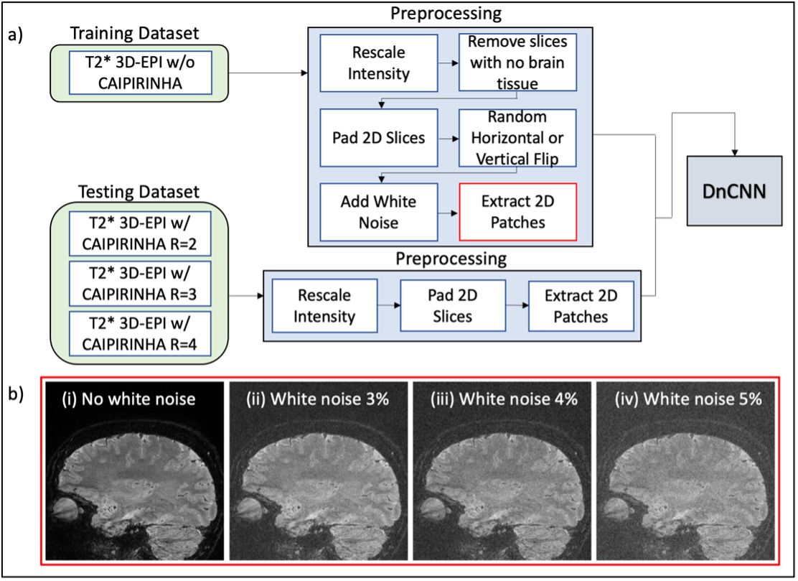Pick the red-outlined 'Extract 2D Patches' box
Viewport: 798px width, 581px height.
(x=517, y=211)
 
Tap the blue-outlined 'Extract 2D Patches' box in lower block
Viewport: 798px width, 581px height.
(x=581, y=306)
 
